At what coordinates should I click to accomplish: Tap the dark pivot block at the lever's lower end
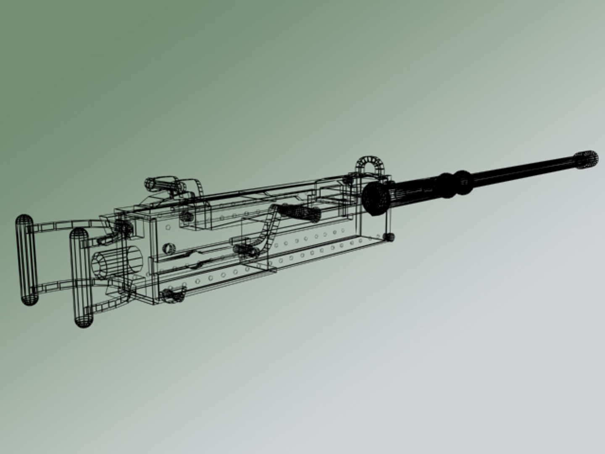tap(246, 250)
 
